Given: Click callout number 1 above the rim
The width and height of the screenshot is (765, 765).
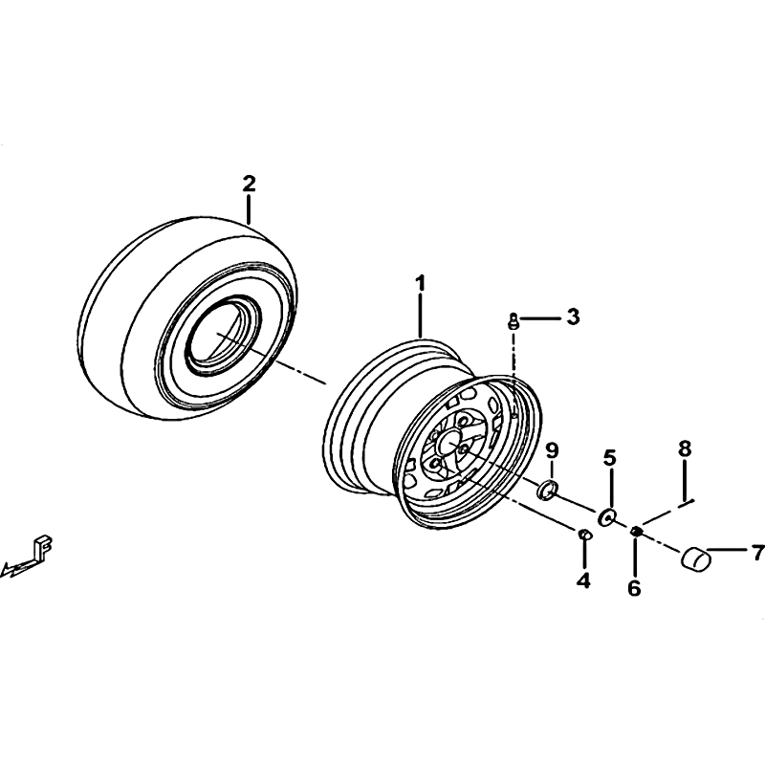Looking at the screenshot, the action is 420,283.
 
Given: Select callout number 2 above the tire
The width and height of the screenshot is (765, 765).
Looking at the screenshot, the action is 249,185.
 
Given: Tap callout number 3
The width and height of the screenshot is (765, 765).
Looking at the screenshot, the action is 573,317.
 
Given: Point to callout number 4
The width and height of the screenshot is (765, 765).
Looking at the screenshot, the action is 583,580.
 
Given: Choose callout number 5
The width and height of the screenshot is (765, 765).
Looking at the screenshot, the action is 610,458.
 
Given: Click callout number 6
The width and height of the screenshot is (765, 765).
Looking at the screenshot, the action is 634,588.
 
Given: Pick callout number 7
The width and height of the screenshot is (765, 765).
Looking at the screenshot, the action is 757,553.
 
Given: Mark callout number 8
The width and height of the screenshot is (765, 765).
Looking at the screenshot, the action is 685,448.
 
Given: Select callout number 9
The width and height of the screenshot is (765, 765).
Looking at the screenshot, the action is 552,450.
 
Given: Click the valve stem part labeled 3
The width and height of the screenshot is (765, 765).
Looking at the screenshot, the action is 513,321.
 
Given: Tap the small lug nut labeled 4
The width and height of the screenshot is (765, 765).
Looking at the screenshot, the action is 584,535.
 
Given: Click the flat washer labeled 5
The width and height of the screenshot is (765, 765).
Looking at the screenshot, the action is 607,516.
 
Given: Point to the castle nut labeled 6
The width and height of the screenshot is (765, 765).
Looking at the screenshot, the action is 636,531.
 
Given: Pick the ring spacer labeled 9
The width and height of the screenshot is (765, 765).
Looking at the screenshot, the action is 547,490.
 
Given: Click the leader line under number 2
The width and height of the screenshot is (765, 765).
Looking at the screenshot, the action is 249,209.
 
